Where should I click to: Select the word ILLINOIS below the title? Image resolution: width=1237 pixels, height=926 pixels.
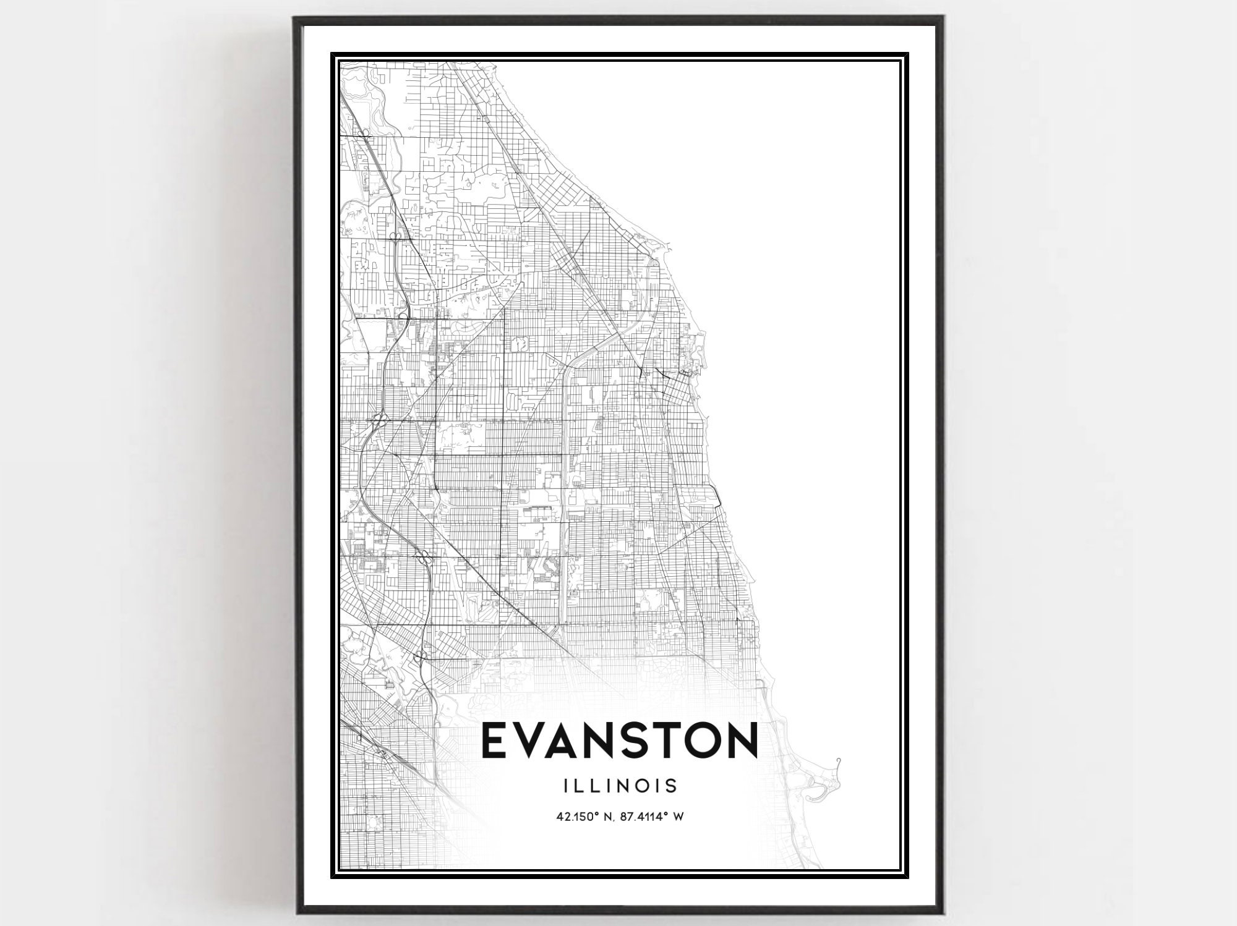[620, 786]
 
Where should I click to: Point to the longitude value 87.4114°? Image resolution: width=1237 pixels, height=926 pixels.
[648, 817]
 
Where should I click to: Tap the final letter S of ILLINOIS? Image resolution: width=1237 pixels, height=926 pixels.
[672, 786]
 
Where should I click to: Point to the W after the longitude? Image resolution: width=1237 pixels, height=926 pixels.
[678, 817]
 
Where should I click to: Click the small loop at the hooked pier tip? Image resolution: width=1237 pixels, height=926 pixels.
[839, 761]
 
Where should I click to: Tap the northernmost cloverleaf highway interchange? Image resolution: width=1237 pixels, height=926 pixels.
[364, 133]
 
